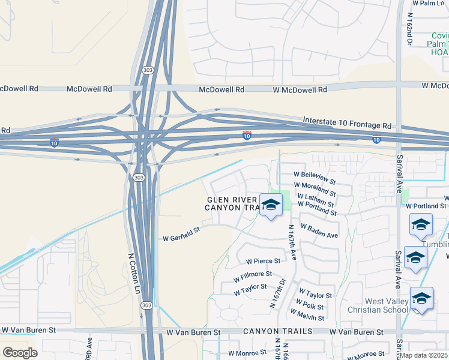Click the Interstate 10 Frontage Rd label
[x=347, y=122]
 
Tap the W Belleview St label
[x=315, y=178]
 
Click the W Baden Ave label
[x=319, y=231]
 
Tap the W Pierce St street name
[x=263, y=261]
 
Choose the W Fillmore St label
[x=252, y=277]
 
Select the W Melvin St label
[x=307, y=314]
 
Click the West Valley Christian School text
[x=378, y=305]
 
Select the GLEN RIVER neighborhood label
[x=232, y=200]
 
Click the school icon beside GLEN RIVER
[x=271, y=205]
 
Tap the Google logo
[x=20, y=353]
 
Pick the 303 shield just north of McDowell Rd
[x=148, y=70]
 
